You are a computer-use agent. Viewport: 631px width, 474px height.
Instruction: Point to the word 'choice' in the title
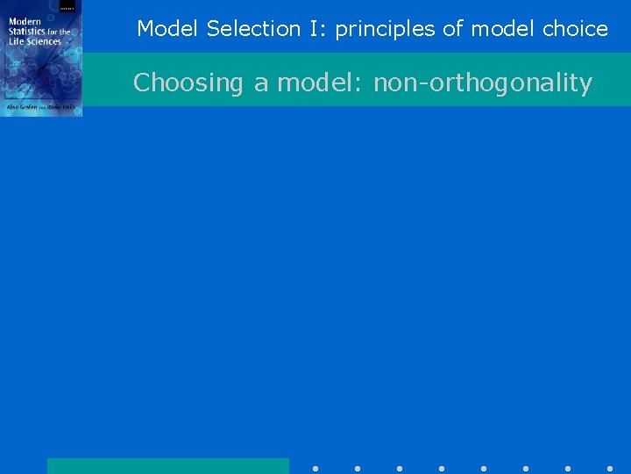[575, 29]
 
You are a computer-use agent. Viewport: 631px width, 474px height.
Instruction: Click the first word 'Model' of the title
[169, 29]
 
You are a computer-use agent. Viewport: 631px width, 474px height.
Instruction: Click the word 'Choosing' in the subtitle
[188, 83]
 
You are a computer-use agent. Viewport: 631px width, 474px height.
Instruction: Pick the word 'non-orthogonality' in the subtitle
[483, 83]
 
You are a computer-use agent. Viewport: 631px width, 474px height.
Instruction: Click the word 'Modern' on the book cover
[25, 21]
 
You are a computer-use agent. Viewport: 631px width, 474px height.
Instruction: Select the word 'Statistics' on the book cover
[28, 32]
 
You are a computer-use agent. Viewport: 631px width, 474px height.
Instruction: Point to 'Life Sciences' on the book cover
[35, 41]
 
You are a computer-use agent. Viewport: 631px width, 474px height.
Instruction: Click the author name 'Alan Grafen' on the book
[23, 106]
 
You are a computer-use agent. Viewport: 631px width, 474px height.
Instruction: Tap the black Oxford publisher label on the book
[67, 6]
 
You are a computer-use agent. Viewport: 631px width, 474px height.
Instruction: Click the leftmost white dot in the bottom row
[315, 469]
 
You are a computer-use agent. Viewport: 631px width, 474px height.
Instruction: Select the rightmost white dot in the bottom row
[610, 469]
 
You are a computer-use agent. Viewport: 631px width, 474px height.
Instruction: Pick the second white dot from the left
[358, 469]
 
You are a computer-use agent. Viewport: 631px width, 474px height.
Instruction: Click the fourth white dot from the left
[442, 469]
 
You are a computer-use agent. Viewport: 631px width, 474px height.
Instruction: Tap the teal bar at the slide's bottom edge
[167, 466]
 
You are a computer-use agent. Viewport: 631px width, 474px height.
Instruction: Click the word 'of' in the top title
[452, 29]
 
